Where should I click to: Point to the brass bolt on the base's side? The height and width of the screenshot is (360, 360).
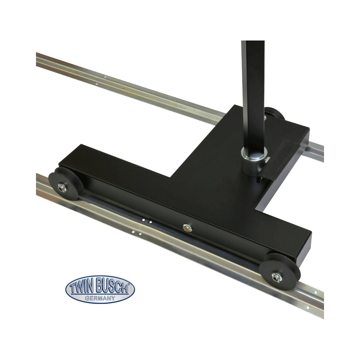coord(187,228)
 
